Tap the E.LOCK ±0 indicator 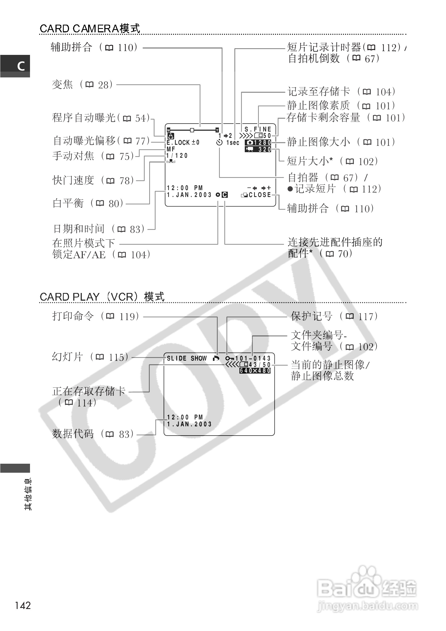(183, 142)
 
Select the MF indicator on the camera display (171, 149)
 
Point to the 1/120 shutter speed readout (177, 156)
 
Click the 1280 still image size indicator (258, 143)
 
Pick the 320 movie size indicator (258, 150)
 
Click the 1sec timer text (233, 143)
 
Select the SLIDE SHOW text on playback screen (187, 358)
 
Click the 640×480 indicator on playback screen (255, 371)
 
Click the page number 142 (23, 606)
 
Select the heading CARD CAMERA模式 (90, 29)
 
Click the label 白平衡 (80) (88, 203)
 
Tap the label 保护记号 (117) (334, 317)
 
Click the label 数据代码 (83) (93, 434)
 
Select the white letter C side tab (21, 66)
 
